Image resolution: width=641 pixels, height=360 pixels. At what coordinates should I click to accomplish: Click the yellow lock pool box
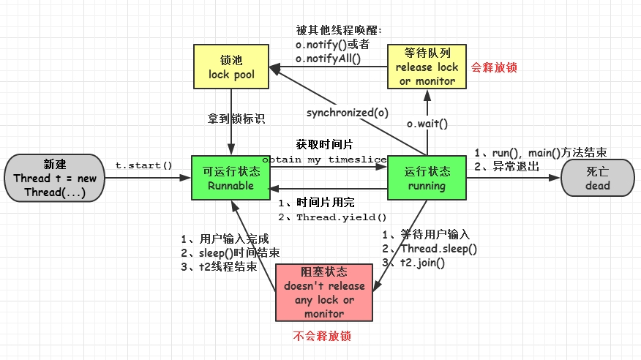coord(231,67)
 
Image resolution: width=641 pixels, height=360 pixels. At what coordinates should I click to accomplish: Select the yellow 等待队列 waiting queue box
coord(427,67)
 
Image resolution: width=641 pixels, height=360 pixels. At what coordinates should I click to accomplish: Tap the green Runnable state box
coord(230,178)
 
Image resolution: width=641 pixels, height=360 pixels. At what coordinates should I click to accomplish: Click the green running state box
coord(427,178)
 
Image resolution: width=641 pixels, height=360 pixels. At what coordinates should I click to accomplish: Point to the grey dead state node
coord(597,178)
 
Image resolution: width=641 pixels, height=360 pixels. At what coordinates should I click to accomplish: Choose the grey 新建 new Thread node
coord(54,177)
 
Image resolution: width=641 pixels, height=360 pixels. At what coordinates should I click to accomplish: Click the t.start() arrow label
coord(143,166)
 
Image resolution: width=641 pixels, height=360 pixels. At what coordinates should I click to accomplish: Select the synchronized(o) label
coord(347,113)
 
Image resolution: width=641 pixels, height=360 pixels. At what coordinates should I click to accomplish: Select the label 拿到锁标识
coord(232,117)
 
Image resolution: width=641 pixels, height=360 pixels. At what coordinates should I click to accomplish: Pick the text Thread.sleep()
coord(436,249)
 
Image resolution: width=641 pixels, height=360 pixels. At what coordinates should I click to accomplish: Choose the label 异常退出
coord(517,166)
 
